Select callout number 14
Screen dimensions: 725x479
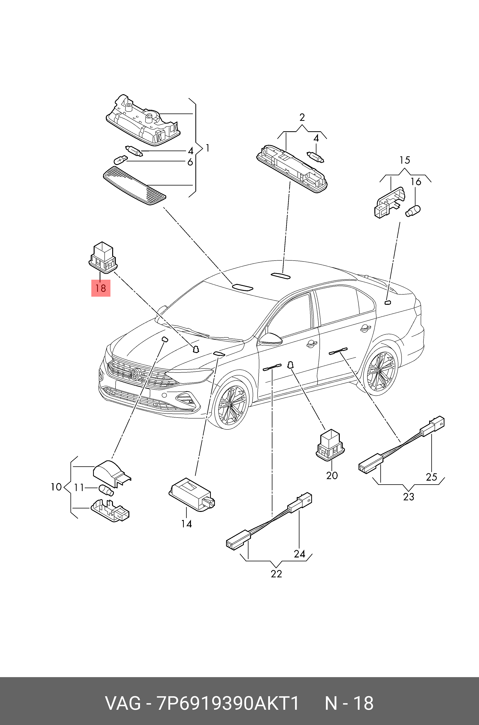coord(186,524)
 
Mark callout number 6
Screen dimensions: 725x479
coord(190,162)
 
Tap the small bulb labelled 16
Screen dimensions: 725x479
coord(413,211)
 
